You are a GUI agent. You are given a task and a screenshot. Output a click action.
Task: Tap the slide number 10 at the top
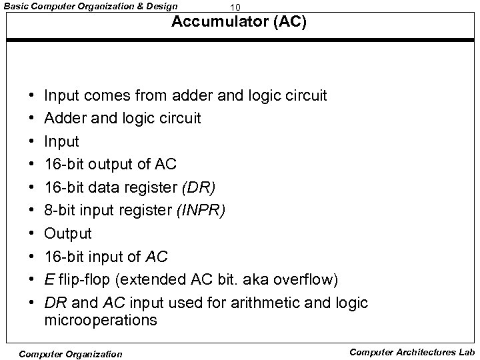coord(234,7)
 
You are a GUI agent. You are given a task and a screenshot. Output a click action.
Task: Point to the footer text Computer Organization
coord(71,353)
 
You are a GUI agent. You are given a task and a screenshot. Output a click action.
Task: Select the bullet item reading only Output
coord(68,233)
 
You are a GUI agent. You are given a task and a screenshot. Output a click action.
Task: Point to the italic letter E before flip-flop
coord(48,279)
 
